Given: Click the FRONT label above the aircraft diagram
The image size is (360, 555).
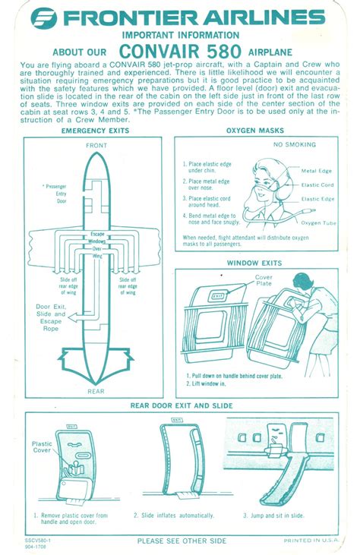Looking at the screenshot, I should click(x=96, y=145).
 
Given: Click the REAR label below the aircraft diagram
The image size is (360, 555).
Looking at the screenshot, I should click(x=96, y=391).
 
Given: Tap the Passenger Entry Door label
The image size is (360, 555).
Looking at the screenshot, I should click(x=56, y=194).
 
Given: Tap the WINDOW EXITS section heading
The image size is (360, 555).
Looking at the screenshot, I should click(x=254, y=263).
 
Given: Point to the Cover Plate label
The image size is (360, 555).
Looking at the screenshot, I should click(x=264, y=281).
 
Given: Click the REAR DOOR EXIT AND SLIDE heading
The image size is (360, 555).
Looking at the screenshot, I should click(x=180, y=405).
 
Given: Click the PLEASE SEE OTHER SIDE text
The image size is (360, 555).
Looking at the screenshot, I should click(x=181, y=541).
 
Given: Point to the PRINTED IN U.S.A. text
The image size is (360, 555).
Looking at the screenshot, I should click(x=311, y=541).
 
